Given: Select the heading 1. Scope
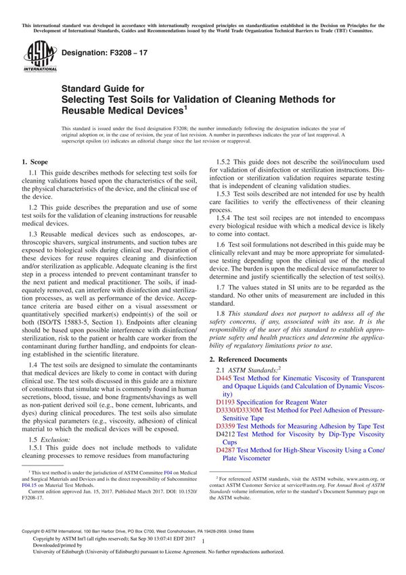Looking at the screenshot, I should pyautogui.click(x=35, y=163).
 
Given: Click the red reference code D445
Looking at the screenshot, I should pyautogui.click(x=224, y=378).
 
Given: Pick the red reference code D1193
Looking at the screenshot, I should pyautogui.click(x=226, y=401).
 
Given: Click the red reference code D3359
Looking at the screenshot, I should pyautogui.click(x=226, y=426).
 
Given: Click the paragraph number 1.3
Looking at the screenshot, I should pyautogui.click(x=32, y=232).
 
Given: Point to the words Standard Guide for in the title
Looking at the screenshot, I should pyautogui.click(x=99, y=88).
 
